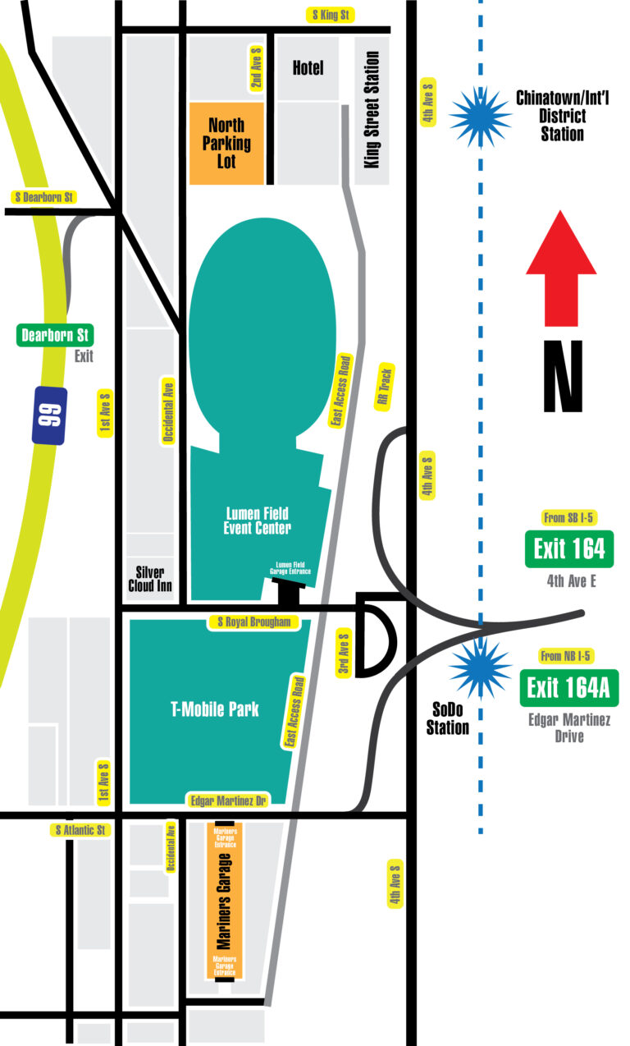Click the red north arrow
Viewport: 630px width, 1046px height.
click(561, 267)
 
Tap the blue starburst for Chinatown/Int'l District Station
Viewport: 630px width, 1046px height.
click(480, 117)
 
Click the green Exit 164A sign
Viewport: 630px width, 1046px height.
click(568, 687)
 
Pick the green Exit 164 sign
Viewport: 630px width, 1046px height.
click(568, 548)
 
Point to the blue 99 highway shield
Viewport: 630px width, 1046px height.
click(49, 415)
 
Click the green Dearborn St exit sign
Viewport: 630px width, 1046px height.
click(56, 335)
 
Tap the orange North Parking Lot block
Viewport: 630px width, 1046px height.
click(226, 143)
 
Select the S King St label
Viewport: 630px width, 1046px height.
click(329, 15)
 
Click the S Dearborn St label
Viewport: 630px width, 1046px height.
click(44, 197)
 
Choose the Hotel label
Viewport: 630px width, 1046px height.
click(308, 68)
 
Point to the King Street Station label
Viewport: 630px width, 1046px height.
click(372, 110)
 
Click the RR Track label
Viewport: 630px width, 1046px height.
click(384, 387)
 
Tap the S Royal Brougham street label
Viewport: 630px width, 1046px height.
click(253, 622)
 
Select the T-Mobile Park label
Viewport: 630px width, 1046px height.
click(215, 709)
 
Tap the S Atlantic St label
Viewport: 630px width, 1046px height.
click(81, 830)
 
